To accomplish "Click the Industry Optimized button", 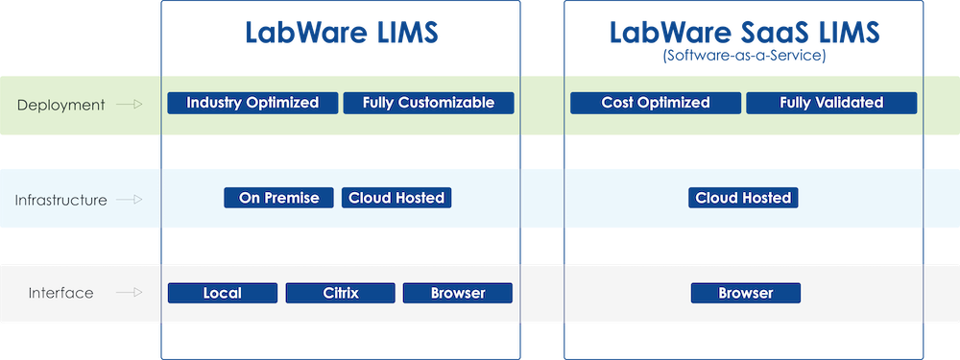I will tap(252, 103).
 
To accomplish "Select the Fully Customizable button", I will tap(428, 103).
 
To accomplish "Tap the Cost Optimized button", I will tap(656, 103).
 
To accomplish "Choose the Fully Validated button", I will tap(831, 103).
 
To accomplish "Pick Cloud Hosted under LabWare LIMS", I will tap(396, 198).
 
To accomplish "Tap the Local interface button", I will tap(223, 293).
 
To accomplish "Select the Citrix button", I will tap(341, 293).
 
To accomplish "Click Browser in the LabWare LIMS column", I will tap(458, 293).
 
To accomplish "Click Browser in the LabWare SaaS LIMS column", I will tap(745, 293).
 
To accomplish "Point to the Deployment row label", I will tap(60, 105).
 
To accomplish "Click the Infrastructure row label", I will tap(60, 200).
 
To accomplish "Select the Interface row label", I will tap(60, 294).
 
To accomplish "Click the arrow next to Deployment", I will tap(129, 105).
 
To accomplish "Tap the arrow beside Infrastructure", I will tap(129, 200).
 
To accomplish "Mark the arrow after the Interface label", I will tap(129, 294).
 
